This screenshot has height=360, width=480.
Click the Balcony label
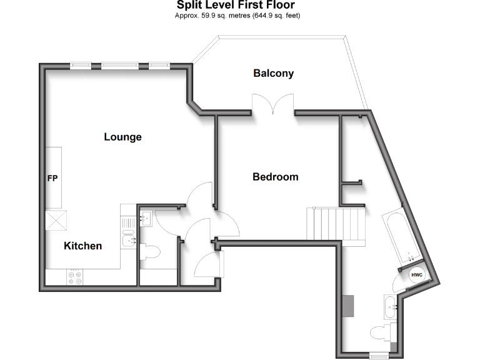pyautogui.click(x=273, y=73)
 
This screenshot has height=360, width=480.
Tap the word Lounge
pyautogui.click(x=122, y=137)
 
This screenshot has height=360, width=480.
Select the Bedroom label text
pyautogui.click(x=275, y=177)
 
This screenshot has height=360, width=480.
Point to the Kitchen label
pyautogui.click(x=82, y=246)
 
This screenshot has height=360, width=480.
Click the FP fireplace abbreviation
pyautogui.click(x=52, y=179)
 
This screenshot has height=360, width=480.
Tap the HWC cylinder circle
pyautogui.click(x=416, y=274)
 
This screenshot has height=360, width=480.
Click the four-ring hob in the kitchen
pyautogui.click(x=74, y=277)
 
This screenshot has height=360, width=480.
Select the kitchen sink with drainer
pyautogui.click(x=129, y=234)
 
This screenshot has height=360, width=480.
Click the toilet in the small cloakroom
pyautogui.click(x=151, y=252)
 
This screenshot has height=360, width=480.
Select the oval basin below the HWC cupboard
pyautogui.click(x=390, y=306)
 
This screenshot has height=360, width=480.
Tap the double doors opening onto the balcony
pyautogui.click(x=272, y=104)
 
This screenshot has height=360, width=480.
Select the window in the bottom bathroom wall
pyautogui.click(x=379, y=356)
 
